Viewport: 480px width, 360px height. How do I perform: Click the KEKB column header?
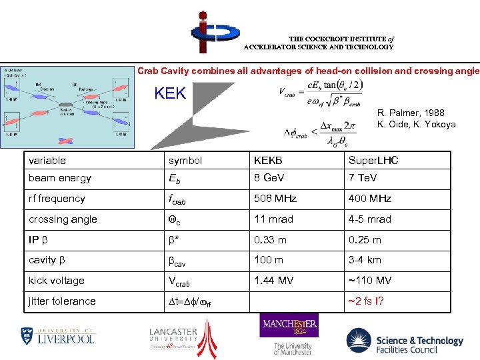[x=268, y=161]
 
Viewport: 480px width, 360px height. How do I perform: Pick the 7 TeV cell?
[x=363, y=178]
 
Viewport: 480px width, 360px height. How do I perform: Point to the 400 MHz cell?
[x=369, y=199]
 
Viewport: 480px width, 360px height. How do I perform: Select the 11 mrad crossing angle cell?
[x=273, y=219]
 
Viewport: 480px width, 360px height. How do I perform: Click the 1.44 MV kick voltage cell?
[x=273, y=281]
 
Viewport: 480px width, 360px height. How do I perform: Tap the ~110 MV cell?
[x=370, y=281]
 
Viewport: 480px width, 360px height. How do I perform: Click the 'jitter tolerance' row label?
[x=62, y=301]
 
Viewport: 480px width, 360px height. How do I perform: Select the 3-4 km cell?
[x=365, y=260]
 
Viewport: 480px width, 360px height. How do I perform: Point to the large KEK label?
[x=170, y=94]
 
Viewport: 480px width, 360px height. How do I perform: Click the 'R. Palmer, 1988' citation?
[x=411, y=113]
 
